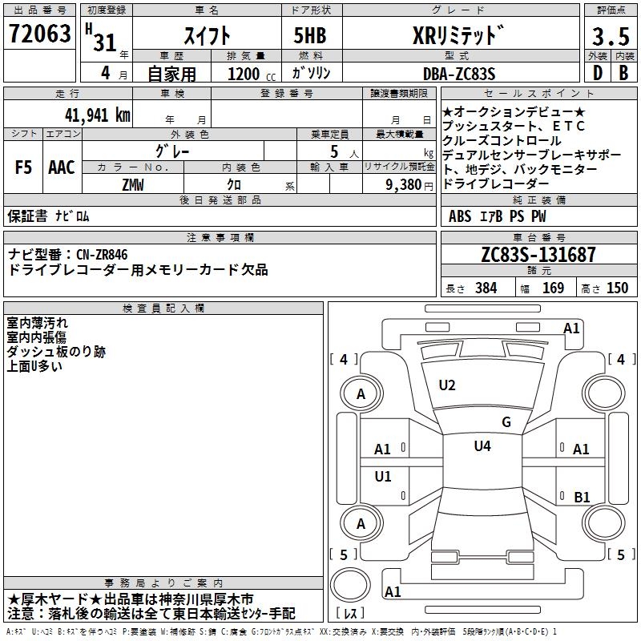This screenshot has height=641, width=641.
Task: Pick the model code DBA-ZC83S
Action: click(x=459, y=74)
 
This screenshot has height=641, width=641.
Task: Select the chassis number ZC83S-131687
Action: click(x=538, y=256)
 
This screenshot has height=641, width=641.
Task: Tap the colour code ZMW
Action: click(x=133, y=185)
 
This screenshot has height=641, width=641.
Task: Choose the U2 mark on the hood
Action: click(x=446, y=385)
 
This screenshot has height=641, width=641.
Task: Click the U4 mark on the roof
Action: click(x=482, y=445)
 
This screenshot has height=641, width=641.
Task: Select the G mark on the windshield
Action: click(x=506, y=422)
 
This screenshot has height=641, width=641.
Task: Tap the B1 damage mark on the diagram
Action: click(x=582, y=497)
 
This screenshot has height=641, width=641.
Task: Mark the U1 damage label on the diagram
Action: click(x=383, y=477)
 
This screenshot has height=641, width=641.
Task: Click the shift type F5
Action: click(x=24, y=167)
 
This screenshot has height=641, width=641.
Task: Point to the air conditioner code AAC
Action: click(x=62, y=167)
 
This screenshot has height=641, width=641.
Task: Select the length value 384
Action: click(x=486, y=288)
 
